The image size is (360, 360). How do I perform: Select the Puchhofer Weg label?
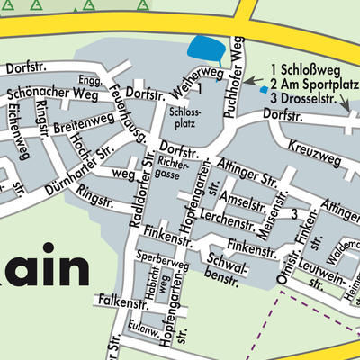tap(238, 66)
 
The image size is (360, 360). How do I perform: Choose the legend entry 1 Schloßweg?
tap(302, 67)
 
